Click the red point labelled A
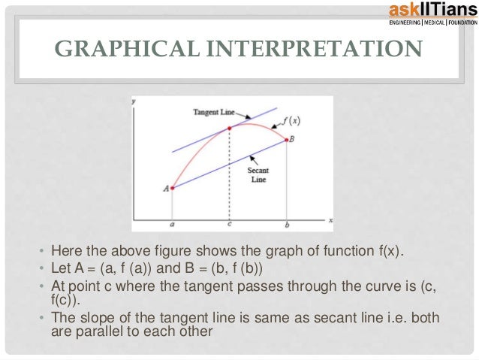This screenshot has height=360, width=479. click(x=173, y=188)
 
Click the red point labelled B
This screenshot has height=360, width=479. click(x=286, y=139)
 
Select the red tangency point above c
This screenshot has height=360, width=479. click(x=230, y=128)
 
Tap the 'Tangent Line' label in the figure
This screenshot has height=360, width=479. click(x=215, y=111)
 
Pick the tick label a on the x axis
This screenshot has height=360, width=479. click(x=172, y=225)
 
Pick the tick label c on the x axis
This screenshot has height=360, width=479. click(x=230, y=225)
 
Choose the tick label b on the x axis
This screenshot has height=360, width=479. click(x=286, y=225)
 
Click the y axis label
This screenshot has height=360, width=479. click(x=134, y=100)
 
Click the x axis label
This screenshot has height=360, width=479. click(x=330, y=219)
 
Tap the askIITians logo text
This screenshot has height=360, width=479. click(x=427, y=10)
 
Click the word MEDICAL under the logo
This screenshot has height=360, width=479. click(x=434, y=23)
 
